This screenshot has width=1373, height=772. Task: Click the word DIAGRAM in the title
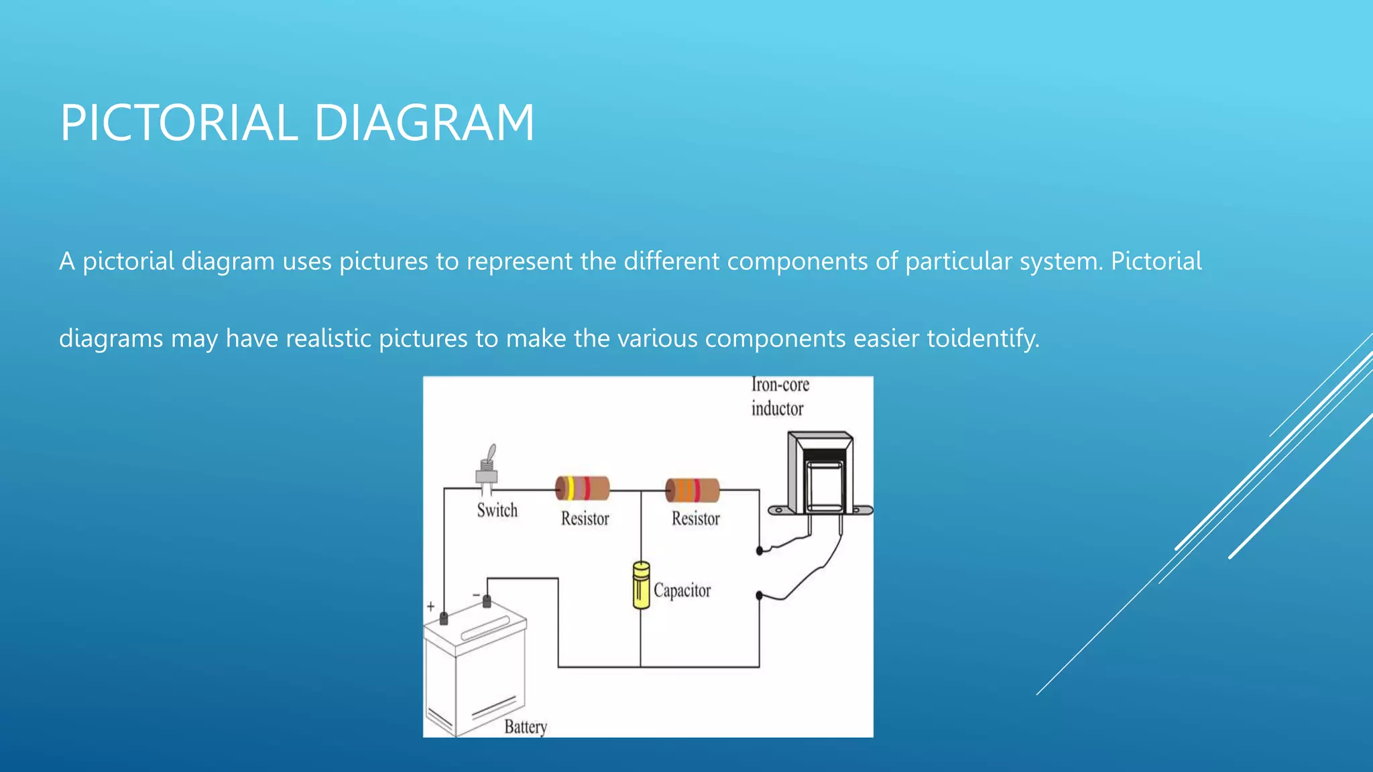pos(424,123)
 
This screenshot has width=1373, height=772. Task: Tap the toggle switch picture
pos(488,467)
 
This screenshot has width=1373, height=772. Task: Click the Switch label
pos(497,511)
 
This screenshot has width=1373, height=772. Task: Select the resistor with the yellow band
pos(582,489)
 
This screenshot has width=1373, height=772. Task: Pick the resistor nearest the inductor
pos(693,491)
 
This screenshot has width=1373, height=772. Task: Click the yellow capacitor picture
pos(641,586)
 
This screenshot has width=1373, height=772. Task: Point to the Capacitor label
pos(682,590)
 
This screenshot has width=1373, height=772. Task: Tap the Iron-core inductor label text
pos(779,397)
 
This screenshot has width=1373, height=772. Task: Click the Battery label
pos(526,727)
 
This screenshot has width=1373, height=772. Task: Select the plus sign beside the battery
pos(430,606)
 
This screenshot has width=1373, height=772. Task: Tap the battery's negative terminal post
pos(487,601)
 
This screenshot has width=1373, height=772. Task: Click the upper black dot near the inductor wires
pos(760,551)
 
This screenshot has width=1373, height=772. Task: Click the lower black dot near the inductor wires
pos(760,595)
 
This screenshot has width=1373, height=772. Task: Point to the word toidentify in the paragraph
pos(983,338)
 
